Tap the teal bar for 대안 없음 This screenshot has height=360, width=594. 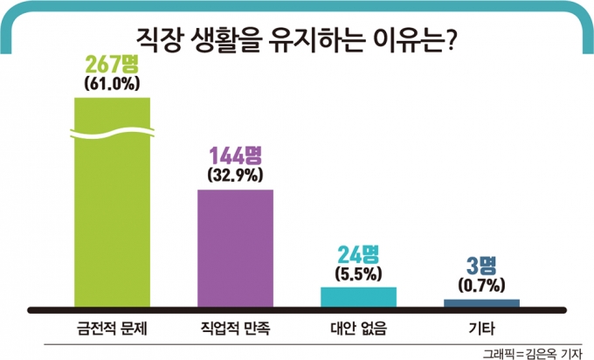click(358, 296)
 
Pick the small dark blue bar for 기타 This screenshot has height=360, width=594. click(481, 302)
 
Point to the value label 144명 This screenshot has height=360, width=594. click(236, 156)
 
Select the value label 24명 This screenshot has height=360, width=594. click(358, 254)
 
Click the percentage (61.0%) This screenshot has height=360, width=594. click(113, 85)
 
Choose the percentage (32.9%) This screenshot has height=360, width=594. click(236, 175)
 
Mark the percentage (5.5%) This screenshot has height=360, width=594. click(358, 273)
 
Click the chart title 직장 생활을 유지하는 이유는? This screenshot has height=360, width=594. click(297, 37)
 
